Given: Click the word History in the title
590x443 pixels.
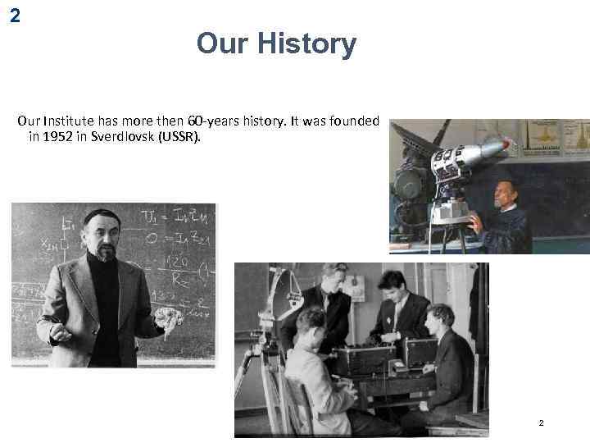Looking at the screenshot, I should click(307, 43).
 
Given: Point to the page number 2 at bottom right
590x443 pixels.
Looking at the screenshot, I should click(541, 423).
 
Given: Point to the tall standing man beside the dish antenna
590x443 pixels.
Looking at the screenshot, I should click(332, 304).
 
